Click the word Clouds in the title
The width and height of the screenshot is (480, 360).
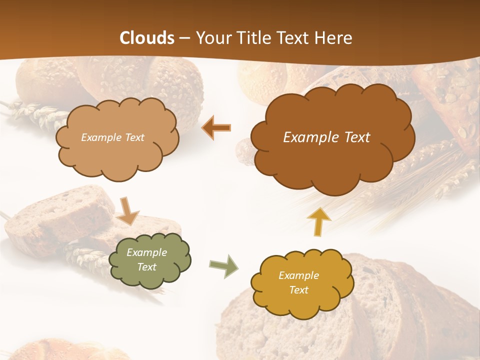tap(147, 38)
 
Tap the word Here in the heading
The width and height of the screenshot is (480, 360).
tap(335, 38)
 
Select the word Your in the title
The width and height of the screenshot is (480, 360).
tap(210, 38)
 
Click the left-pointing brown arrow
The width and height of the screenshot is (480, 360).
tap(216, 128)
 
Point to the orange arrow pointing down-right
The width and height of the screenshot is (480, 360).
tap(128, 210)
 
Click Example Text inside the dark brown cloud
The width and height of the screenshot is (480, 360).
tap(326, 137)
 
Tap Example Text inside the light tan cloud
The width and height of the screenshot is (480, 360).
tap(112, 137)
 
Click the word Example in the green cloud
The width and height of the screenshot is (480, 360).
tap(146, 252)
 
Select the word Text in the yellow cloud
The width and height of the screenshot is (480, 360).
tap(298, 290)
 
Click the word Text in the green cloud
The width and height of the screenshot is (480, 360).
tap(146, 267)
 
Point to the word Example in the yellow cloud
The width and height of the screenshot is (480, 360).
tap(298, 275)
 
